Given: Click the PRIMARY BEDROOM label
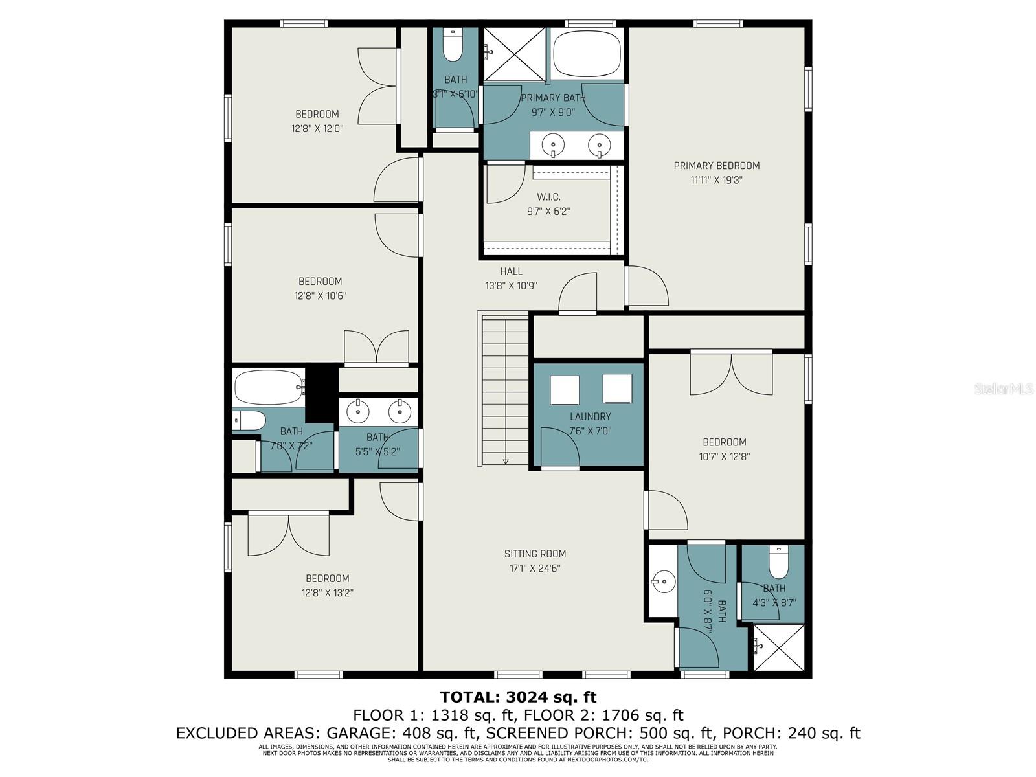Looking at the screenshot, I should [716, 166].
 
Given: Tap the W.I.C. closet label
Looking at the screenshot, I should [548, 197].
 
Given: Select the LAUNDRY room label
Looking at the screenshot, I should [590, 416].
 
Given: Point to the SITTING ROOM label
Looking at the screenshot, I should [535, 554].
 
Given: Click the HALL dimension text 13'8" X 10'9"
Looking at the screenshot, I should [511, 286].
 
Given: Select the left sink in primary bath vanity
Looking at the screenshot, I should [554, 144].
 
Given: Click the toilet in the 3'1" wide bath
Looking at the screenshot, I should [453, 46].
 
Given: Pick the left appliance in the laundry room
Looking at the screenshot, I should [565, 390].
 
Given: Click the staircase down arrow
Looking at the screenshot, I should [506, 460].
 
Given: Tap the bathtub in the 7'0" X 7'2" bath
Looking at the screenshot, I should [268, 387].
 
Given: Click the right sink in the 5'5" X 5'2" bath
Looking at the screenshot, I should [400, 411].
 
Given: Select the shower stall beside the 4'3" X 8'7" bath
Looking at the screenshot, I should [779, 646].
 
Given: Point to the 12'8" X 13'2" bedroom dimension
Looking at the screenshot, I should [327, 592].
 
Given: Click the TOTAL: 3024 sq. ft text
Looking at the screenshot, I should [518, 697].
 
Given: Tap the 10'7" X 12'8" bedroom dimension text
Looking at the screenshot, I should [724, 456].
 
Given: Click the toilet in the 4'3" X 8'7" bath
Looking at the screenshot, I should [778, 562].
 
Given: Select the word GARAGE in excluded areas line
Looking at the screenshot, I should [357, 733].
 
